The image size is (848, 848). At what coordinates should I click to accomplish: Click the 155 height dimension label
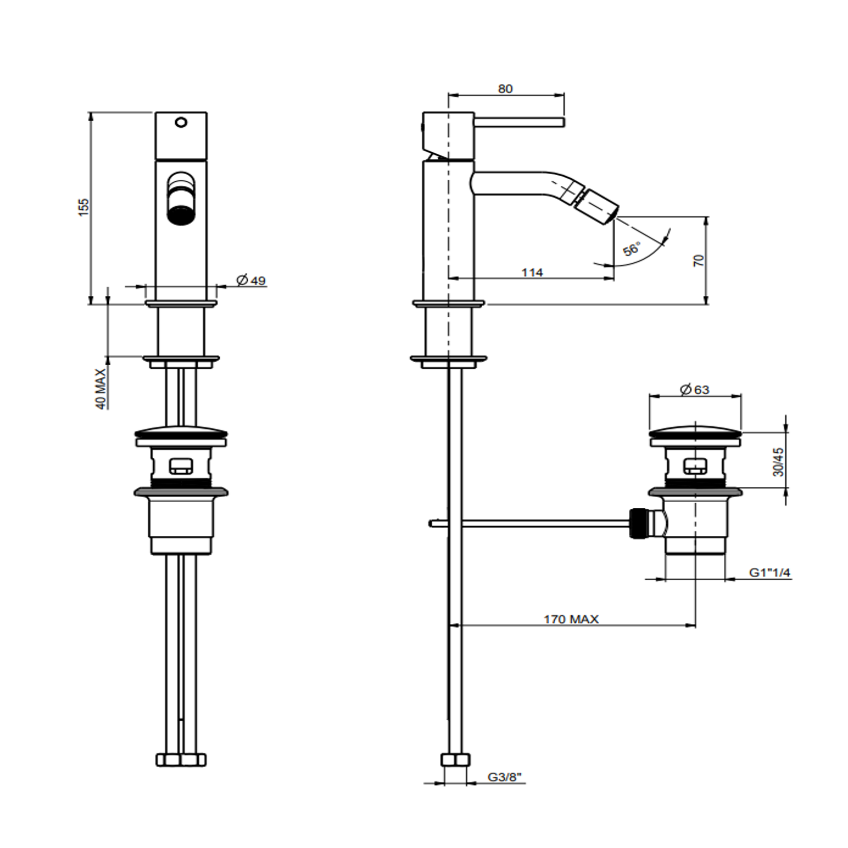pyautogui.click(x=83, y=207)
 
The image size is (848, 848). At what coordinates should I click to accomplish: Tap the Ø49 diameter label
pyautogui.click(x=251, y=280)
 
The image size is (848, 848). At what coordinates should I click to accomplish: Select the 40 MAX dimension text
pyautogui.click(x=101, y=389)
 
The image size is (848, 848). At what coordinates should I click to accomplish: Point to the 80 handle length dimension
pyautogui.click(x=505, y=88)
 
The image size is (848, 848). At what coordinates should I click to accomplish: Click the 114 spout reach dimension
pyautogui.click(x=532, y=272)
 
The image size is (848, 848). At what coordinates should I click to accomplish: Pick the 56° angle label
pyautogui.click(x=632, y=249)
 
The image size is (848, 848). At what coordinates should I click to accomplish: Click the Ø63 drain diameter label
pyautogui.click(x=695, y=389)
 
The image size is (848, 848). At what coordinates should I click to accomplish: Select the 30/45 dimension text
pyautogui.click(x=778, y=462)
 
